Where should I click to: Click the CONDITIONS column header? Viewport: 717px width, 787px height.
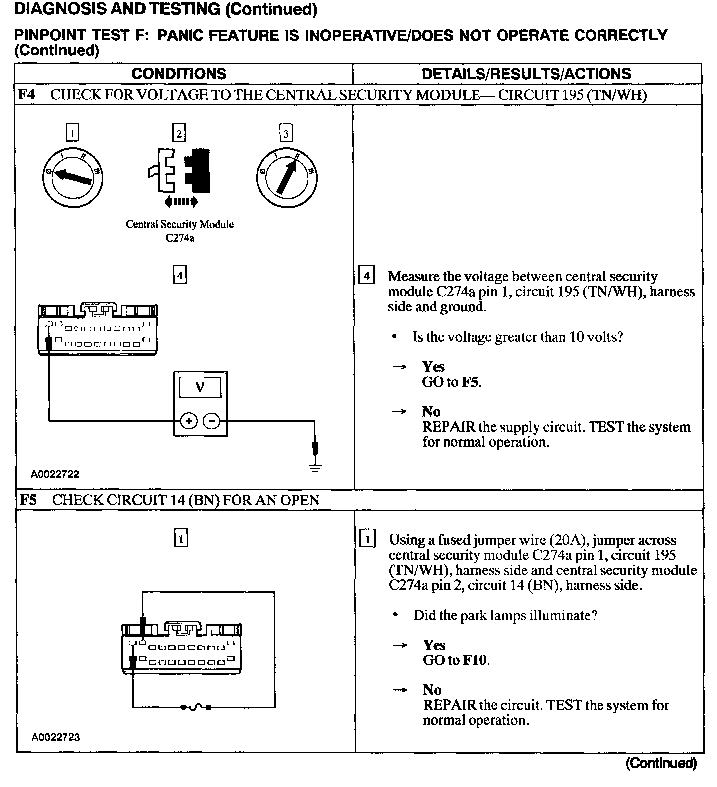click(x=179, y=74)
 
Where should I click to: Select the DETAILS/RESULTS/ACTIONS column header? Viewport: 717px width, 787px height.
click(x=526, y=74)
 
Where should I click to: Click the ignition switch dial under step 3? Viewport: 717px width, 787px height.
click(x=286, y=177)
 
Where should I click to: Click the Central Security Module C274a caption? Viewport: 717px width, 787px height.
click(x=179, y=231)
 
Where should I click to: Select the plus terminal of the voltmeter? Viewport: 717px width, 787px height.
click(x=189, y=421)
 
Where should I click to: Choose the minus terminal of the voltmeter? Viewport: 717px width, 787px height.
click(x=212, y=421)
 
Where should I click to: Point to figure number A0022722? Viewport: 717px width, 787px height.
click(x=55, y=474)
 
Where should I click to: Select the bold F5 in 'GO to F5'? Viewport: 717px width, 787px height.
click(x=471, y=382)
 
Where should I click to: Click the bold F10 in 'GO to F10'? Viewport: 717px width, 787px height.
click(x=475, y=660)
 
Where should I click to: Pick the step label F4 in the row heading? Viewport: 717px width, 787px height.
click(x=27, y=94)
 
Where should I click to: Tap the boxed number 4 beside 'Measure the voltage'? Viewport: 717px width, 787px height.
click(x=366, y=275)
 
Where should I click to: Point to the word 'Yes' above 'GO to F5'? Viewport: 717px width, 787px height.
click(x=433, y=367)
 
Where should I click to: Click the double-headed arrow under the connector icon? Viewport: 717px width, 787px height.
click(x=180, y=202)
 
